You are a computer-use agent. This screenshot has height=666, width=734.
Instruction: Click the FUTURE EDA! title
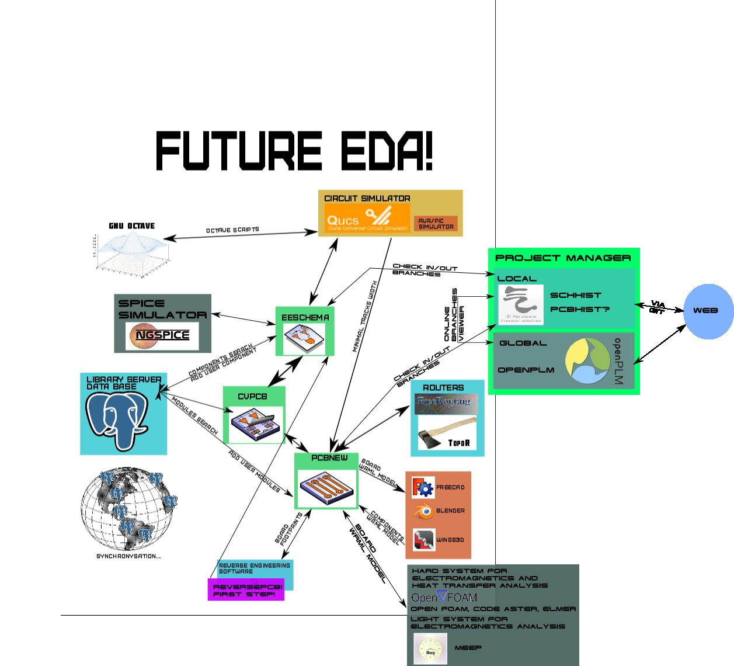[x=295, y=151]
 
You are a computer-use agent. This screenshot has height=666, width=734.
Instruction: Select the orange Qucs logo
[x=367, y=218]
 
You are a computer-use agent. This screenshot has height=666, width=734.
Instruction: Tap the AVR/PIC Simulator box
[x=436, y=224]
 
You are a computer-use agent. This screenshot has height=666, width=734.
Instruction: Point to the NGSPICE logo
[x=162, y=335]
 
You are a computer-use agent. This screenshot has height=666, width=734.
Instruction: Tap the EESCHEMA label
[x=305, y=317]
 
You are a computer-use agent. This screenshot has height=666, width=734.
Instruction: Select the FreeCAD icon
[x=423, y=487]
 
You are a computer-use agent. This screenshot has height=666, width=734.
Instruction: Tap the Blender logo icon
[x=423, y=511]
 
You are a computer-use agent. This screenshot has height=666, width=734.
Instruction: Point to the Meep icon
[x=430, y=648]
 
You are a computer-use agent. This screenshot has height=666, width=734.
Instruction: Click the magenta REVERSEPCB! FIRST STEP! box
[x=246, y=589]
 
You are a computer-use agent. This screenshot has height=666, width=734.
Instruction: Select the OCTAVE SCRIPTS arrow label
[x=232, y=230]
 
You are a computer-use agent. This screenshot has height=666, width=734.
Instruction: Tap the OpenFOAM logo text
[x=444, y=597]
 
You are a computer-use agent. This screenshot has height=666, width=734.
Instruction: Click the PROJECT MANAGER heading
[x=563, y=258]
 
